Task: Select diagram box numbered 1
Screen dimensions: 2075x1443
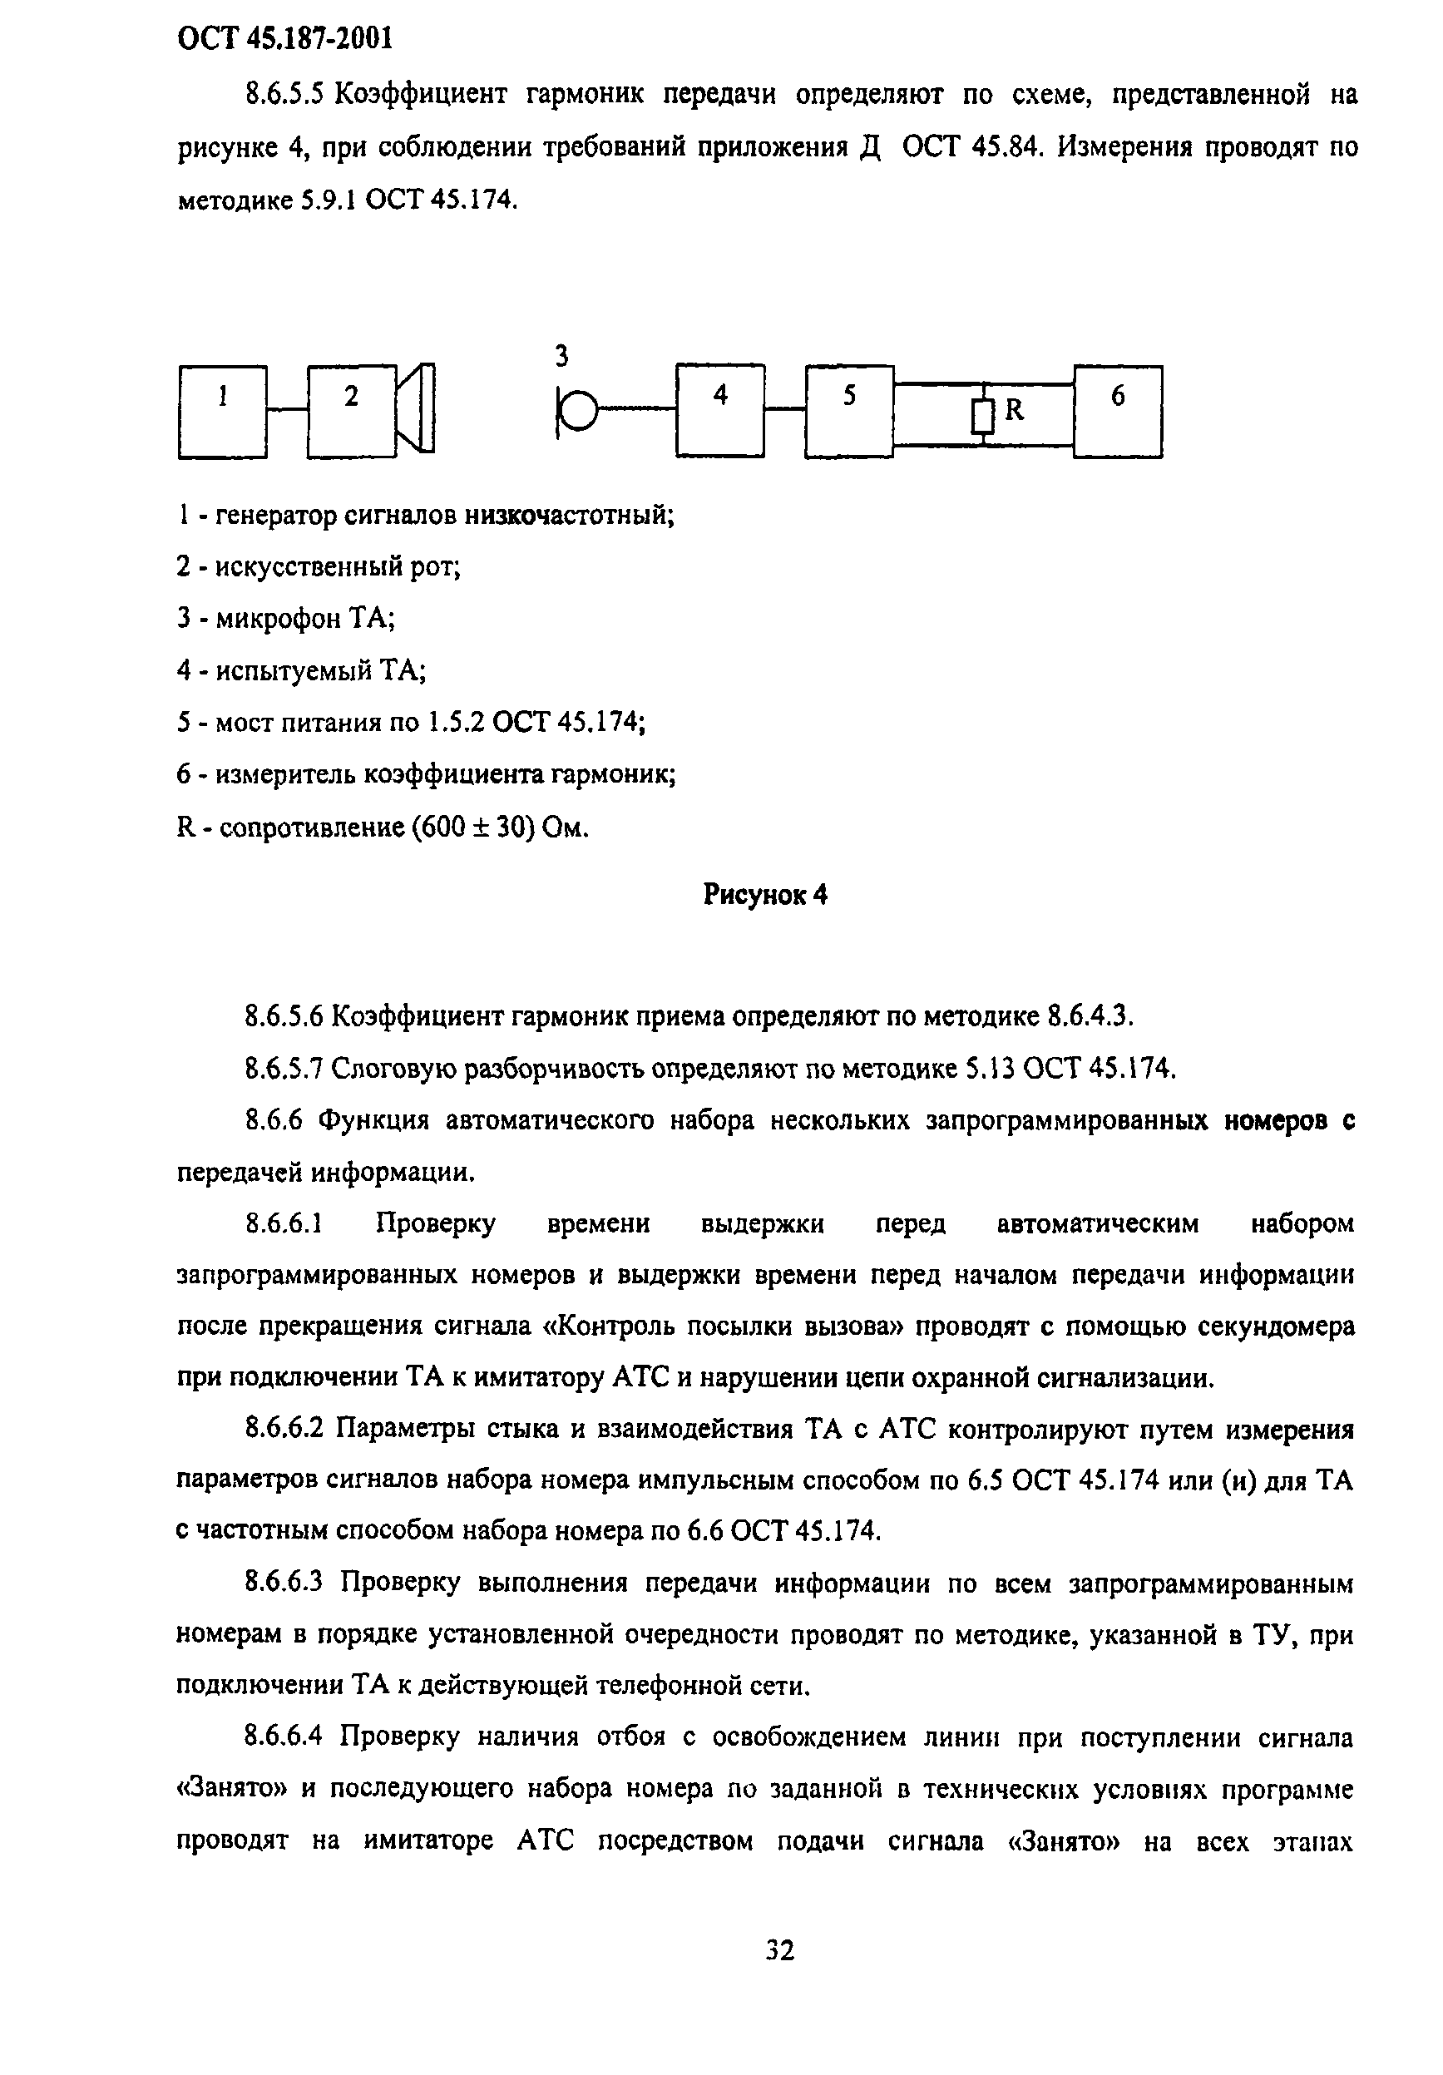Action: (222, 411)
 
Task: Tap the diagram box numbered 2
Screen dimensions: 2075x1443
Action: (352, 411)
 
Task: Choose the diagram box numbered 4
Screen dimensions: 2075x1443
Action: (720, 411)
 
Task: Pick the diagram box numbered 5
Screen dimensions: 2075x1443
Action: (849, 411)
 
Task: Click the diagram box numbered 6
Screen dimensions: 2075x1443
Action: (1118, 411)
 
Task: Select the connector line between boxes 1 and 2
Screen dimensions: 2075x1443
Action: (287, 411)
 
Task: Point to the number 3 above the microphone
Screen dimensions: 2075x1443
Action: (561, 357)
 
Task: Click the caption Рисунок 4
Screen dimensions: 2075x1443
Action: (764, 895)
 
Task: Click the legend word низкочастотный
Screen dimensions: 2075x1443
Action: (568, 515)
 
